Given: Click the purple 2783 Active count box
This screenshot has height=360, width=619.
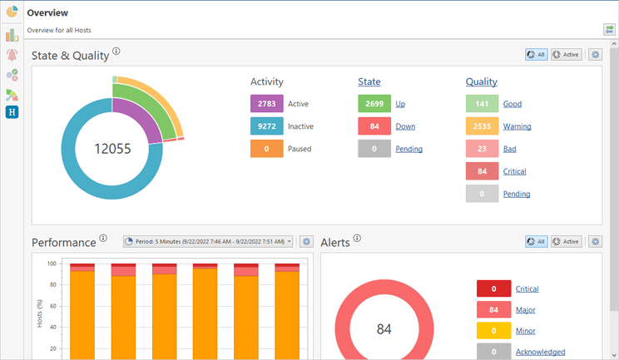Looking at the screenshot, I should [x=266, y=104].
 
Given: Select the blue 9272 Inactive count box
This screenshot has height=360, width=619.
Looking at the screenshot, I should [x=266, y=126].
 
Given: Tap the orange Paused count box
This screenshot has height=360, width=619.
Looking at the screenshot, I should [x=266, y=149].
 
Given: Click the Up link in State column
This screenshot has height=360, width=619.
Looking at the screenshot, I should [x=400, y=104].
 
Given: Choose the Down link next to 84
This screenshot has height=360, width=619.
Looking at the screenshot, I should [x=405, y=126].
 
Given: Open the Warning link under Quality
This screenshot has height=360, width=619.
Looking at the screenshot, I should [x=517, y=126].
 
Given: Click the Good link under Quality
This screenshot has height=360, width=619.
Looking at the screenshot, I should [x=513, y=104].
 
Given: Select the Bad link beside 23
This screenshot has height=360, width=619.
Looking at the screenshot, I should [x=510, y=149].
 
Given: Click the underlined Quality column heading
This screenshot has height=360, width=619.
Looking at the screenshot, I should [x=481, y=81].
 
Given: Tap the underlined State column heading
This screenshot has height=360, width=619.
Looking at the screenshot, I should [x=369, y=81].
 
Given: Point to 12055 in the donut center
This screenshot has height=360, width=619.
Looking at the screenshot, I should [x=112, y=148].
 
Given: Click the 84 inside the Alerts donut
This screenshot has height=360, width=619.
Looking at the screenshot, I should [x=384, y=329].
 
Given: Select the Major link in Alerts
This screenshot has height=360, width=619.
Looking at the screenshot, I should [x=525, y=310].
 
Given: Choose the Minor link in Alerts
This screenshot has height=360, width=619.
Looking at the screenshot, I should [x=525, y=331].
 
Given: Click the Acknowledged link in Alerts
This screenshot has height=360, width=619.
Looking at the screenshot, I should [x=540, y=352].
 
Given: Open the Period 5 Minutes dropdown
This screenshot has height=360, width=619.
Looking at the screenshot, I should [x=209, y=242].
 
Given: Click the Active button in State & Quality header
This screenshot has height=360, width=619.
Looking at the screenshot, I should [x=566, y=55].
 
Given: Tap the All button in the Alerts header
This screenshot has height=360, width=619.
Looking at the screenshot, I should [x=536, y=242].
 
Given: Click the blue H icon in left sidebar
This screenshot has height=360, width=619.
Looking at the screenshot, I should [x=12, y=112].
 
